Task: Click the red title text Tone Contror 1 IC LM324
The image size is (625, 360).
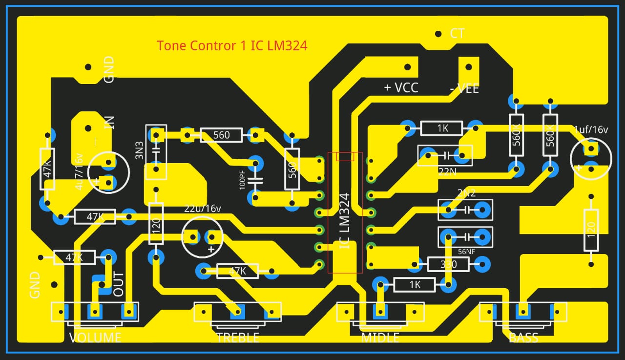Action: click(232, 46)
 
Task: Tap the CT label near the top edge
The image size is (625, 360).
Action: click(457, 34)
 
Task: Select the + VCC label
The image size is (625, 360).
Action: click(401, 87)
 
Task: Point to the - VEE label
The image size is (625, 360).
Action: click(464, 89)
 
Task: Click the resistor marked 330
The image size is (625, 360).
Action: click(448, 265)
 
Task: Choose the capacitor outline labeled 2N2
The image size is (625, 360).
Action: click(465, 210)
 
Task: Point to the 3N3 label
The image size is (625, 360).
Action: click(140, 151)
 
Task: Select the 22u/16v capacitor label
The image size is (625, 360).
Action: click(203, 209)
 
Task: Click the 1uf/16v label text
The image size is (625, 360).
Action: click(591, 129)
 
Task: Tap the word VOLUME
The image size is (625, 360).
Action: click(95, 338)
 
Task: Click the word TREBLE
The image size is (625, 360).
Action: click(237, 338)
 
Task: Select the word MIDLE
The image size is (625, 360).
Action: click(380, 338)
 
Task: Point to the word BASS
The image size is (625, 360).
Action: click(523, 338)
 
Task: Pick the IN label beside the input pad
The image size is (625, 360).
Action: click(109, 122)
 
